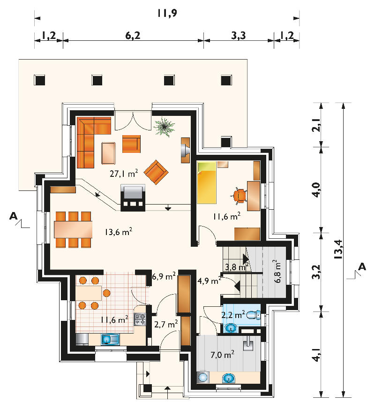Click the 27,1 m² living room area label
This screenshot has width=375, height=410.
(x=124, y=173)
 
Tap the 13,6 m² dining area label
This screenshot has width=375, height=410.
(x=119, y=232)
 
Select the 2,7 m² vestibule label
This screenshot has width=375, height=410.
(x=166, y=324)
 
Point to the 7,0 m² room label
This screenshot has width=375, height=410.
(x=222, y=355)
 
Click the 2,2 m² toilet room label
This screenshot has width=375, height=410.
(x=233, y=315)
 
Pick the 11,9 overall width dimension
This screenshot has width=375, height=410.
(x=167, y=13)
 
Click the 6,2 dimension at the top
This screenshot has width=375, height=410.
(x=133, y=35)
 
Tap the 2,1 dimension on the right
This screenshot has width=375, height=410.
(x=316, y=125)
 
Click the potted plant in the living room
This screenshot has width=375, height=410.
(x=164, y=127)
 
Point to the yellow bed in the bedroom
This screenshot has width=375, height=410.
(x=206, y=182)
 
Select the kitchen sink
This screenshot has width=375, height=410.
(x=110, y=339)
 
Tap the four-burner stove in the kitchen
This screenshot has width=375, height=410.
(x=140, y=319)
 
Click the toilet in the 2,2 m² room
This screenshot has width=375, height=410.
(x=253, y=315)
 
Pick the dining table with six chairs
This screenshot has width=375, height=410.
(x=73, y=229)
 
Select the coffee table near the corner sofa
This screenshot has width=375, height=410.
(x=108, y=153)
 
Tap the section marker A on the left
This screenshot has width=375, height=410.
(x=14, y=216)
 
